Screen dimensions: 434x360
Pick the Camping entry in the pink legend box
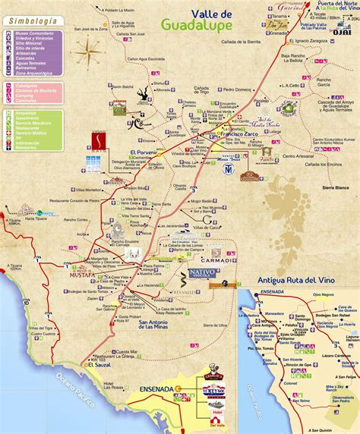point(30,96)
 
